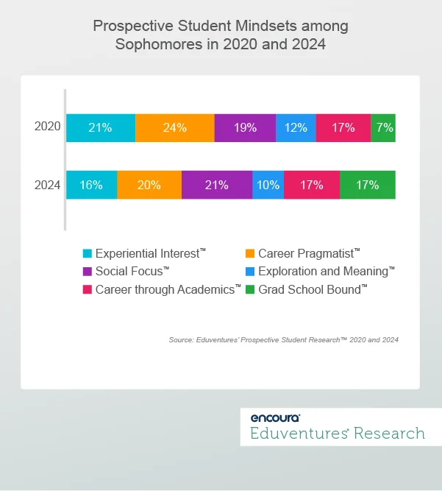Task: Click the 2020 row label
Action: (47, 127)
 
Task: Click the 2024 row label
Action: (47, 185)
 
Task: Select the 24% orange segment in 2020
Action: (174, 127)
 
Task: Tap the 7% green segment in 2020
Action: (383, 127)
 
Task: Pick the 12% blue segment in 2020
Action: (296, 127)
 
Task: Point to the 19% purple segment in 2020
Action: (245, 127)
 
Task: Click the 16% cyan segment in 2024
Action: (91, 185)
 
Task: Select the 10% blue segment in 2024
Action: (268, 185)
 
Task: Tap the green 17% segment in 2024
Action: (367, 185)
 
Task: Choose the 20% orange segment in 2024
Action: (149, 185)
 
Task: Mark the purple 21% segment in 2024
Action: (216, 185)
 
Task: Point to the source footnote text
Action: (283, 340)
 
